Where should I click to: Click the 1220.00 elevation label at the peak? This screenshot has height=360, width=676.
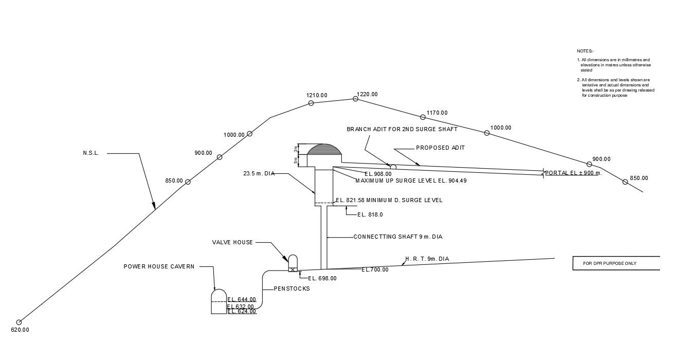click(367, 94)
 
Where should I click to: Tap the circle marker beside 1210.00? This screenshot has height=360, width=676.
click(311, 103)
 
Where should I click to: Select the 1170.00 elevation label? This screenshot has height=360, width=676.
click(437, 113)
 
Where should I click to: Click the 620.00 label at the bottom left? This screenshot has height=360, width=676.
click(20, 330)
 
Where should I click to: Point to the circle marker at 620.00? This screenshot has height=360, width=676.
click(19, 322)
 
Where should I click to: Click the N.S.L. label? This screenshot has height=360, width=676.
click(90, 153)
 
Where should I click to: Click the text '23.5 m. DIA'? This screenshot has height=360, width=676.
click(259, 174)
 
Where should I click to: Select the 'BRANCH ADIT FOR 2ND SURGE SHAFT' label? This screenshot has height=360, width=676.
click(401, 129)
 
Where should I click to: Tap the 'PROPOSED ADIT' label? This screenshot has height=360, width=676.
click(440, 148)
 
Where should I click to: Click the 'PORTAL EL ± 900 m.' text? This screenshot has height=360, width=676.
click(573, 173)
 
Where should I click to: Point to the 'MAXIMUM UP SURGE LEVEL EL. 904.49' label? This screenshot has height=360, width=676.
click(411, 181)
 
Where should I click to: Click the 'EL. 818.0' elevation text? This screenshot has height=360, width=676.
click(370, 214)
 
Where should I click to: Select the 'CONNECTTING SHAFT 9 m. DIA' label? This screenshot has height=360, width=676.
click(397, 237)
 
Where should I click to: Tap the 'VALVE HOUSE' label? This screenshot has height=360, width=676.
click(232, 242)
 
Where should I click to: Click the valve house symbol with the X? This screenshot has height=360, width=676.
click(293, 268)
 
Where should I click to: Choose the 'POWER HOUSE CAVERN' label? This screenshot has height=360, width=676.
click(159, 266)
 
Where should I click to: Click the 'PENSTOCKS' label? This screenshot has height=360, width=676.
click(291, 289)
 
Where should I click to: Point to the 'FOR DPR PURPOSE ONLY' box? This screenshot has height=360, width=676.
click(616, 263)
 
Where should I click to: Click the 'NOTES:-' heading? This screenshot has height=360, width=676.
click(585, 51)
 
